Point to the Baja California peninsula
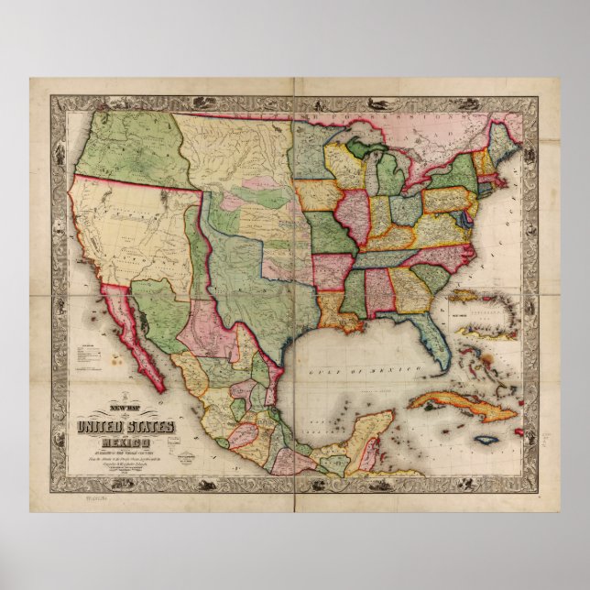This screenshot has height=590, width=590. pyautogui.click(x=137, y=330)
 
